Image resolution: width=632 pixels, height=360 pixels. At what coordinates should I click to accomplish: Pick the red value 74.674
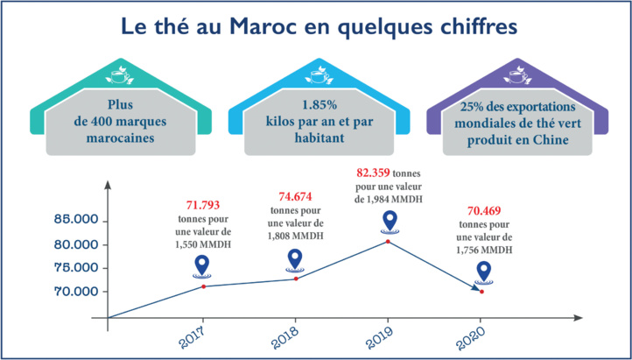coord(295,196)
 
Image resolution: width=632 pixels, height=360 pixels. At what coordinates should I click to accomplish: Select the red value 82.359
coord(371,173)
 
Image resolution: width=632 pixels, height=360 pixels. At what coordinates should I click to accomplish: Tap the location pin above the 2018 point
coord(296,258)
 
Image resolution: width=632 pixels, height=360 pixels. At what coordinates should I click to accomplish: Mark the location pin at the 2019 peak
coord(388,222)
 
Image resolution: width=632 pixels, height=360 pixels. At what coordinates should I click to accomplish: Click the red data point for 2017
coord(204,286)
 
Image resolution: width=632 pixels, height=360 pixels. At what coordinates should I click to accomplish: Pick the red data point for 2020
coord(481,292)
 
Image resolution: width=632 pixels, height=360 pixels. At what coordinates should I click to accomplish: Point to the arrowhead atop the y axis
coord(108,185)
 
